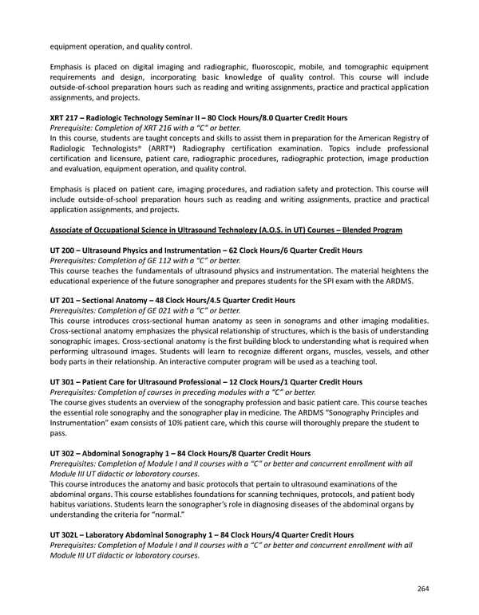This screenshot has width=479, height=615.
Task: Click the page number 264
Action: pyautogui.click(x=423, y=589)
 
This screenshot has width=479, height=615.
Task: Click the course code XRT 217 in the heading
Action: pyautogui.click(x=65, y=117)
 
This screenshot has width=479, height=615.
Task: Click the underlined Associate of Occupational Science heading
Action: pyautogui.click(x=226, y=230)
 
